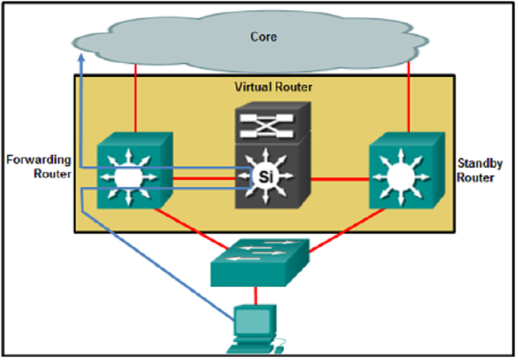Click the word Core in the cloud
264,36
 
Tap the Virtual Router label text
273,87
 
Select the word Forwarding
39,160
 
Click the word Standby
480,163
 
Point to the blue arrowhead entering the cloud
82,58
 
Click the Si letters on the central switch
266,177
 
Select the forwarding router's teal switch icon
135,170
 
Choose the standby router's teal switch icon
407,170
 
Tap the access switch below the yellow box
260,263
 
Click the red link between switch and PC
255,296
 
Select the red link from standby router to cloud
409,96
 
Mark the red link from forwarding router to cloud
135,98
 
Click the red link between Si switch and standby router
339,179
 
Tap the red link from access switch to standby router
347,231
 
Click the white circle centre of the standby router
401,177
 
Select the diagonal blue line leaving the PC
158,266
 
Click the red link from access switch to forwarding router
191,229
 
